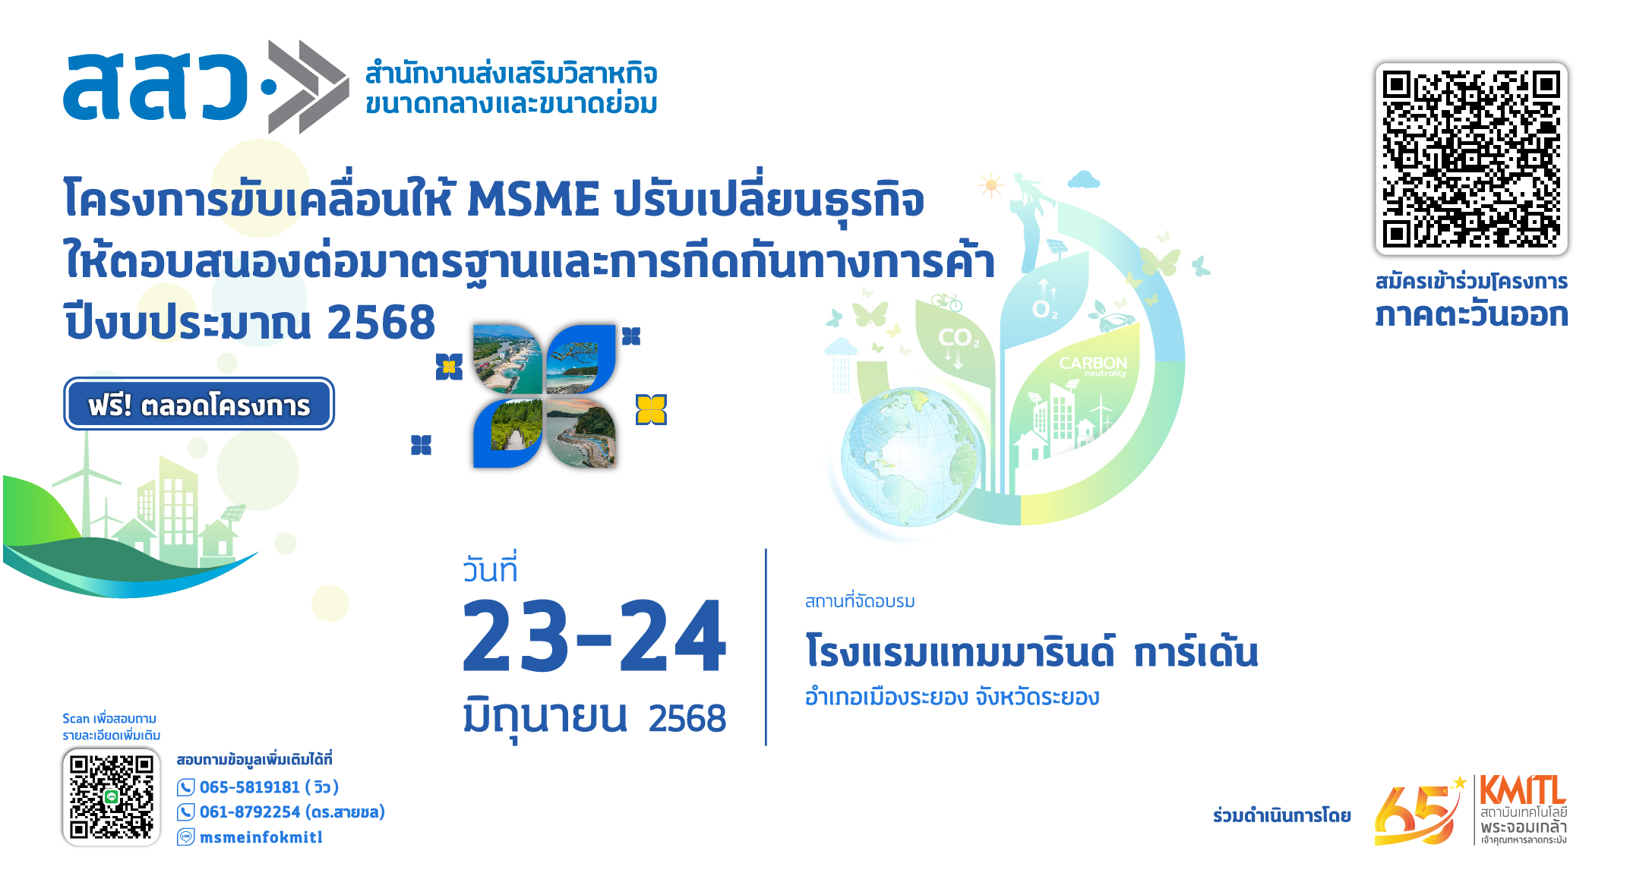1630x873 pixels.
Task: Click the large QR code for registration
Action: [x=1471, y=159]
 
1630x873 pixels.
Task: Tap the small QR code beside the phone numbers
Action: [x=112, y=796]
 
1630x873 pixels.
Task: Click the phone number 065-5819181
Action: [x=250, y=787]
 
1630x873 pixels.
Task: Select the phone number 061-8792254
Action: [x=250, y=812]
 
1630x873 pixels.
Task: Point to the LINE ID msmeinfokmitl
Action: [x=261, y=837]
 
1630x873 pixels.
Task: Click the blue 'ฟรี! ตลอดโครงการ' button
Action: [x=199, y=404]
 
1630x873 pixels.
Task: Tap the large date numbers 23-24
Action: [x=594, y=636]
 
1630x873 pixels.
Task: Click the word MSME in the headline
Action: [x=533, y=200]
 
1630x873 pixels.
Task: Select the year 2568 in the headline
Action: [x=381, y=322]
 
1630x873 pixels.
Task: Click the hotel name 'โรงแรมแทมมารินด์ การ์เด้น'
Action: [x=1031, y=651]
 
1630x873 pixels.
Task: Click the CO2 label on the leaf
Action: [x=959, y=338]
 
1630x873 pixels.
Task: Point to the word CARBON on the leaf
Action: [x=1093, y=363]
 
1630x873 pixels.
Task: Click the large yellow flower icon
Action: [x=651, y=410]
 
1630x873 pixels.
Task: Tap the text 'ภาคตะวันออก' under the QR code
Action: [x=1471, y=314]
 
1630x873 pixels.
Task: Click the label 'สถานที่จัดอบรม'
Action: [x=860, y=601]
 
